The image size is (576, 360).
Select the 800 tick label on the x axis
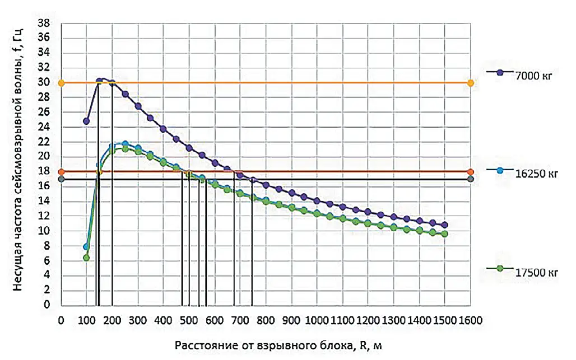(266, 320)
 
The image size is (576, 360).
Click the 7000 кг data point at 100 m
(86, 121)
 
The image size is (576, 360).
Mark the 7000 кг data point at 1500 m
(444, 225)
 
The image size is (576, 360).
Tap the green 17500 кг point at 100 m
(86, 258)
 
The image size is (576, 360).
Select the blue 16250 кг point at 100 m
(86, 246)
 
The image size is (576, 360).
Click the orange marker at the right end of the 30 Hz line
(470, 83)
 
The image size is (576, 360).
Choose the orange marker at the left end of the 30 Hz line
(62, 83)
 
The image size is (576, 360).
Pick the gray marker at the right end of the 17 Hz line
(470, 179)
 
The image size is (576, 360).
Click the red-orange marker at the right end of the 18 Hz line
(470, 172)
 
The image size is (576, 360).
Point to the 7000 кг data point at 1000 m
(317, 201)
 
